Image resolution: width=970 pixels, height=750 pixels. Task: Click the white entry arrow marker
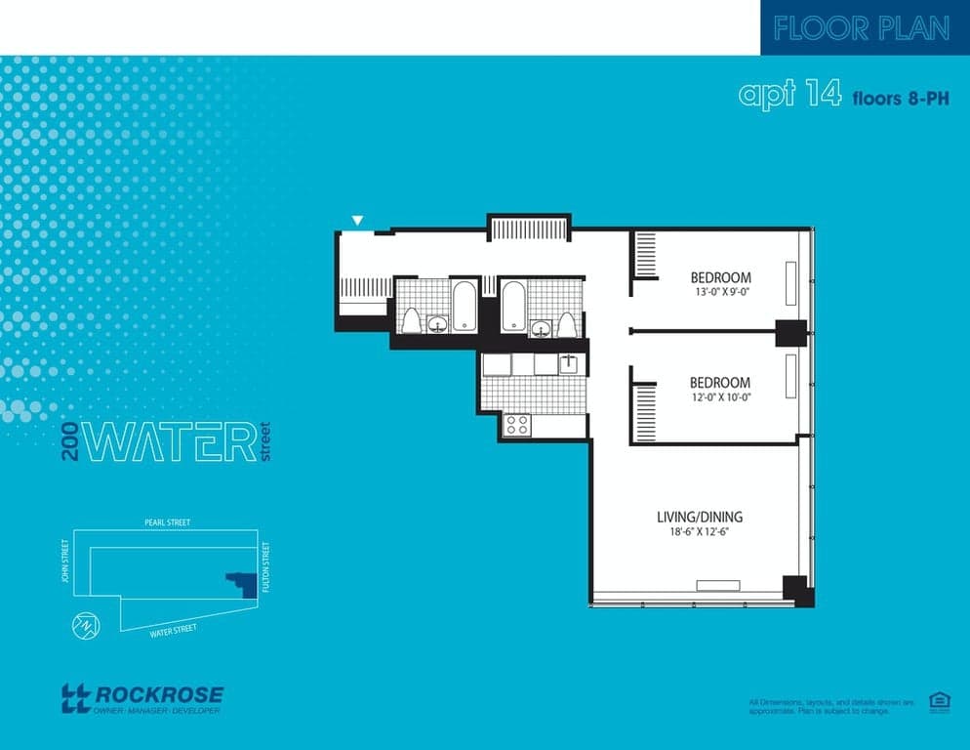(x=358, y=221)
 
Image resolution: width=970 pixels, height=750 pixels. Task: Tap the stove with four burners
(x=516, y=425)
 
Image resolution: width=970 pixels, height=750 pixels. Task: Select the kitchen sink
(x=569, y=364)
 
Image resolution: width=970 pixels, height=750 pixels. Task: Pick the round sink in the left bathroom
(x=438, y=323)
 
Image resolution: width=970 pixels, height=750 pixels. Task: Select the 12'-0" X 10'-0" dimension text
(x=720, y=396)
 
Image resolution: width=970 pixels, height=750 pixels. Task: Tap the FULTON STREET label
(x=265, y=570)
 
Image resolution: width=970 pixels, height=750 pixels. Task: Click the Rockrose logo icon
(x=75, y=697)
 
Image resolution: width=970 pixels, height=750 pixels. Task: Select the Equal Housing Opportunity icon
(x=939, y=700)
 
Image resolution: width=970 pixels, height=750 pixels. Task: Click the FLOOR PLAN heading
(x=862, y=28)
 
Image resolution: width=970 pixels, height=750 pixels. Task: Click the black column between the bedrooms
(x=790, y=332)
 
